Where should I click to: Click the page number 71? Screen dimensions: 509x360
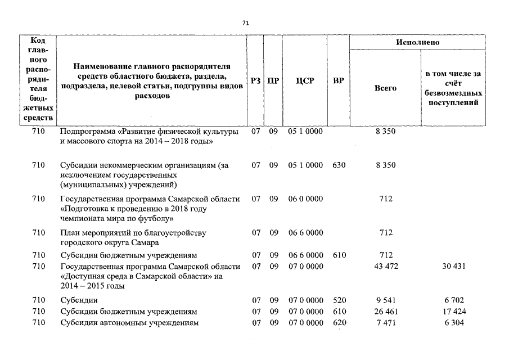tap(245, 23)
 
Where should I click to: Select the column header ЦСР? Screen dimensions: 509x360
tap(305, 81)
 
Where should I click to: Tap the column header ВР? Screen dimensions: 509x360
tap(339, 81)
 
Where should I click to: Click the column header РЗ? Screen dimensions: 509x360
tap(256, 81)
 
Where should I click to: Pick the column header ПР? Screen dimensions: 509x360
tap(273, 81)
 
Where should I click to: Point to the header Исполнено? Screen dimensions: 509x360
tap(417, 42)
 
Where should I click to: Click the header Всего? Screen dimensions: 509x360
tap(385, 88)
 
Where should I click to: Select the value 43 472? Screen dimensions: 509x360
tap(386, 266)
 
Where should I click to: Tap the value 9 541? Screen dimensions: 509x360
tap(386, 300)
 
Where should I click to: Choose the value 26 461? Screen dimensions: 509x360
tap(386, 312)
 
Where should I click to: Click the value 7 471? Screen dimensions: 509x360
tap(386, 323)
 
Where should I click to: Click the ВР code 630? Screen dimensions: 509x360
tap(339, 165)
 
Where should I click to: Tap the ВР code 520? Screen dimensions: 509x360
tap(339, 300)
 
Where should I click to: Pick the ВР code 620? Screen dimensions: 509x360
tap(339, 323)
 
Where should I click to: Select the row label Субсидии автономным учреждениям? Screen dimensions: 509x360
tap(129, 323)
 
